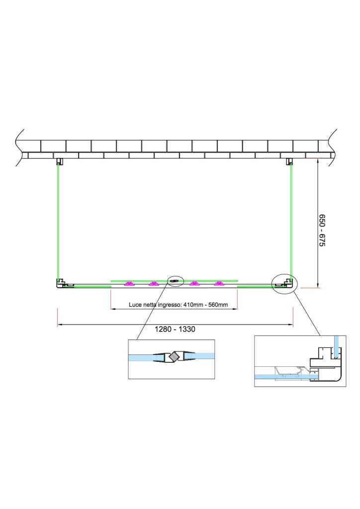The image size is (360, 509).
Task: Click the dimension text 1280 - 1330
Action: tap(175, 329)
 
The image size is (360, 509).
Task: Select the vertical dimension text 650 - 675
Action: tap(321, 230)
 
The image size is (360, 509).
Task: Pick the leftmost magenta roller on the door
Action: tap(130, 284)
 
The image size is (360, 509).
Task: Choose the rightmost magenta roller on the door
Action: tap(220, 284)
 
